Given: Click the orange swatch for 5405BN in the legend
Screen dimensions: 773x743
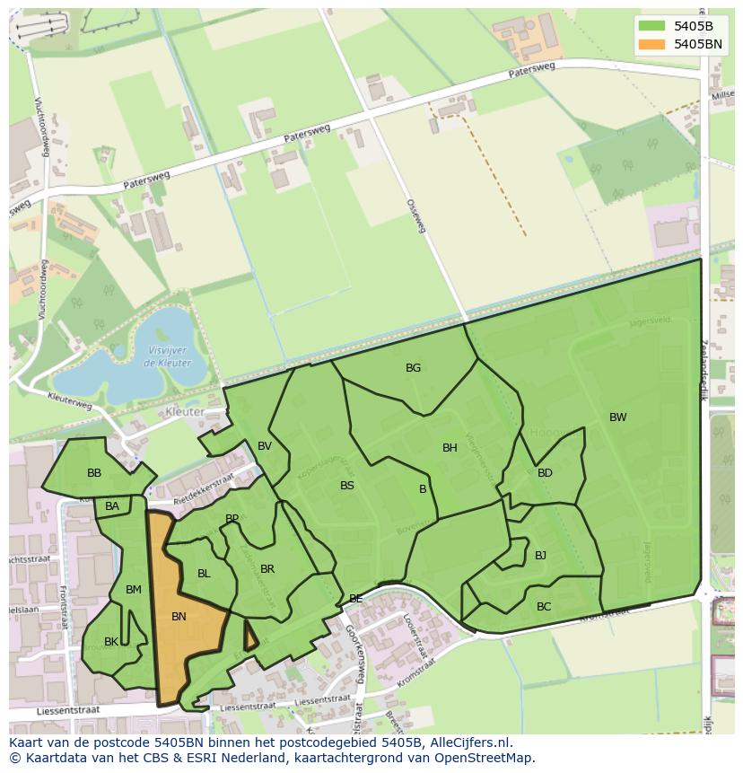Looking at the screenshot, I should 653,44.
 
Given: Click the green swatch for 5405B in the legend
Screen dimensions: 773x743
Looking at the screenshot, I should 653,26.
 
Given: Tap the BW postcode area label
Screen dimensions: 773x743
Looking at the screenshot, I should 617,417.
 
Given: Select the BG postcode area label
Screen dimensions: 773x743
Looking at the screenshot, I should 413,368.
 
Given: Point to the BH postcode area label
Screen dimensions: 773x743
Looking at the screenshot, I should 450,448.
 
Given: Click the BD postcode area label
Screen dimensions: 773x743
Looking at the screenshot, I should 545,473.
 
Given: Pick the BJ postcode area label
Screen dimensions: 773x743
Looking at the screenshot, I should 540,556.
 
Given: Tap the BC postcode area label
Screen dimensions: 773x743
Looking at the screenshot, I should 544,607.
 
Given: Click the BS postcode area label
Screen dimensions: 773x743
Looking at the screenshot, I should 347,486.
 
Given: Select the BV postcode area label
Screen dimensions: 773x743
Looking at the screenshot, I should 265,446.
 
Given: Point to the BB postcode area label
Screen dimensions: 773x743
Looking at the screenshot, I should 94,473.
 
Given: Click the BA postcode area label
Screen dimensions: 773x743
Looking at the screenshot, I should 112,507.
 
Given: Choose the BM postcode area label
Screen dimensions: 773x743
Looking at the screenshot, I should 134,590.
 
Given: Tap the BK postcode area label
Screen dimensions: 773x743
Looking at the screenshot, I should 111,642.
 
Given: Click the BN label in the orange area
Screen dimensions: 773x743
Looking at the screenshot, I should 179,617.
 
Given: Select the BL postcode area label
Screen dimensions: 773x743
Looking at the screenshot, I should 204,574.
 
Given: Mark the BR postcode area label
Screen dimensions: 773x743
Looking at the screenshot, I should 267,569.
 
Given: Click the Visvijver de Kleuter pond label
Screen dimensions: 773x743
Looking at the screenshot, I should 165,357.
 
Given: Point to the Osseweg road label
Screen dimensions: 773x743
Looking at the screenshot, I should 415,216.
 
